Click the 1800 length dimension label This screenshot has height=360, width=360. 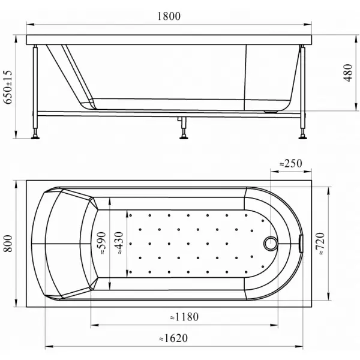pos(169,16)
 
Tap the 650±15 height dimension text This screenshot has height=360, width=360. pos(8,87)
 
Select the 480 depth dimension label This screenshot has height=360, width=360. pos(347,73)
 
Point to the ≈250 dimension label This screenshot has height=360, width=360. pos(290,163)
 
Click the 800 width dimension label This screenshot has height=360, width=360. pos(8,244)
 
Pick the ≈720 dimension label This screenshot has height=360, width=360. pos(320,244)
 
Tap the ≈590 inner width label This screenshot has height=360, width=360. pos(101,243)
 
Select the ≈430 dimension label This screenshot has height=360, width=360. pos(119,243)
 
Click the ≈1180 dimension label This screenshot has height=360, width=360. pos(184,317)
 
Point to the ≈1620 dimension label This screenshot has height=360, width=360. pos(173,338)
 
